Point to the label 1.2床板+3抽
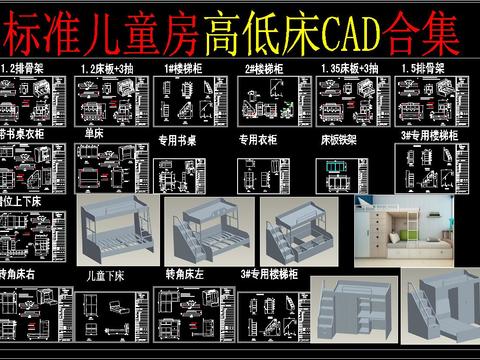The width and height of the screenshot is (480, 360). pos(105,68)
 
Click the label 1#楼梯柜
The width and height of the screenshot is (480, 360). pos(184,68)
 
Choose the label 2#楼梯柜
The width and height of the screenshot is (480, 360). pos(262,68)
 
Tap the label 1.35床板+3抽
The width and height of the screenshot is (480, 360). pos(347,68)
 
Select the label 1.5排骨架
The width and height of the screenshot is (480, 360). pos(422,68)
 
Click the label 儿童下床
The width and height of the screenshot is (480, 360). pos(109,272)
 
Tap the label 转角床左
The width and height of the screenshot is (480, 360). pos(184,272)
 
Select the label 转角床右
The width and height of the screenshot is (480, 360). pos(22,272)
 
